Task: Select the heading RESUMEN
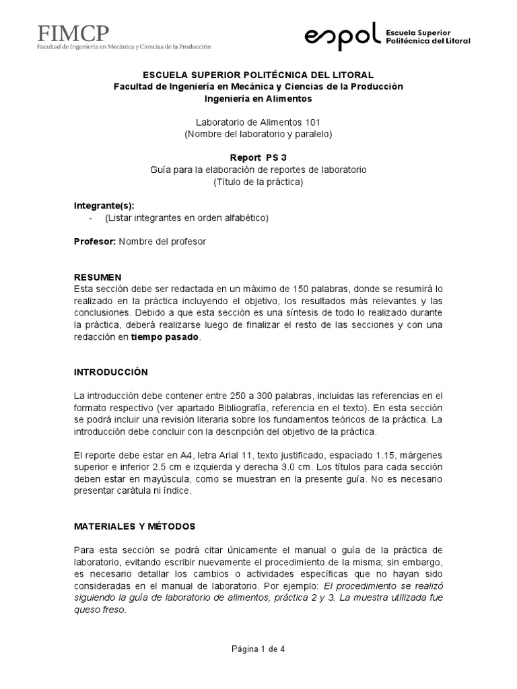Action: [98, 277]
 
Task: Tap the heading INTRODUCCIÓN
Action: [110, 372]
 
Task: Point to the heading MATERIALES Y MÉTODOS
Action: [135, 525]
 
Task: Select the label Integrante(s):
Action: [108, 205]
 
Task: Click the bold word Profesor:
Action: [94, 242]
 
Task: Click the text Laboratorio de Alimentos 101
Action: [258, 122]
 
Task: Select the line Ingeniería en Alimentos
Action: [258, 98]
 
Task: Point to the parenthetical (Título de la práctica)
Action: [258, 182]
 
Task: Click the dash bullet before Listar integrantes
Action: [91, 217]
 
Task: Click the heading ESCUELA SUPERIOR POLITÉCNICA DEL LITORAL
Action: [258, 74]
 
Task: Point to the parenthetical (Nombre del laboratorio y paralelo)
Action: [258, 134]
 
